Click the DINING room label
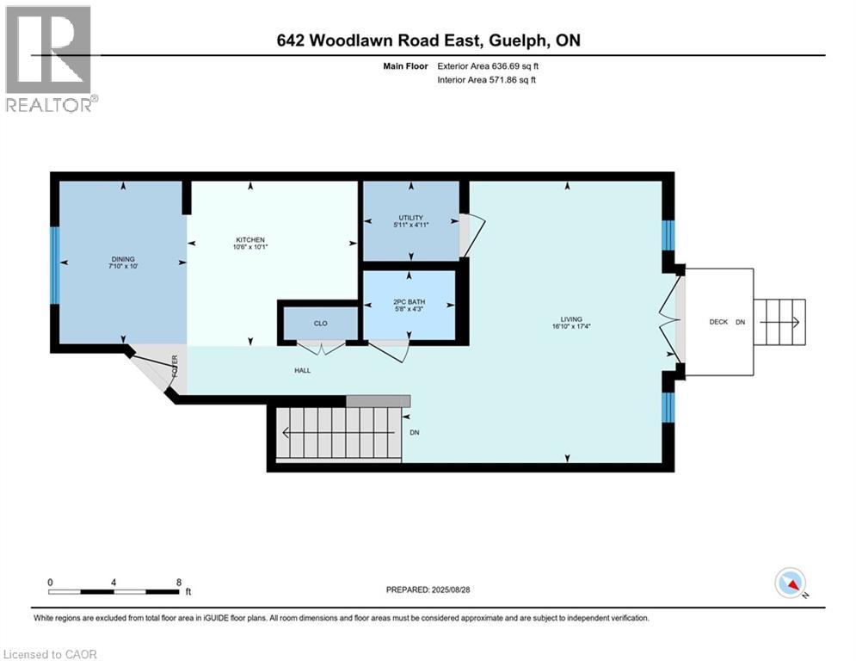click(x=122, y=259)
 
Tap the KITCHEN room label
click(x=250, y=240)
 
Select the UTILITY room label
click(x=410, y=218)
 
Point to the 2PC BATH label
click(x=410, y=302)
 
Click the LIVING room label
click(x=570, y=318)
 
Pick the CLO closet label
click(x=320, y=324)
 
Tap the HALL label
click(x=301, y=370)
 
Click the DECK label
click(x=718, y=322)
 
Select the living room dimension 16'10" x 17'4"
click(x=570, y=327)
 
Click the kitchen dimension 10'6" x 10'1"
click(x=250, y=249)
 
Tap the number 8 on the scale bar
click(x=178, y=582)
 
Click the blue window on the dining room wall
click(x=54, y=264)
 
